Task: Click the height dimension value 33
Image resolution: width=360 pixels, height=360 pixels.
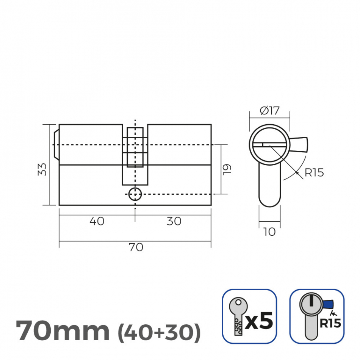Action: click(x=42, y=169)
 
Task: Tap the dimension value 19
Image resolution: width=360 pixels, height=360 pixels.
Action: click(x=227, y=170)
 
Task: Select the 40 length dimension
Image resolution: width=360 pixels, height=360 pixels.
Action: click(x=97, y=221)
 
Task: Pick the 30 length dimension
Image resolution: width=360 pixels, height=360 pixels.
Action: click(x=174, y=221)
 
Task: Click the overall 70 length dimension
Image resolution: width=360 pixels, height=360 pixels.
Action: click(x=136, y=247)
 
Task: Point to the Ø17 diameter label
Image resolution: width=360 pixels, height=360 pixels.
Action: click(x=269, y=111)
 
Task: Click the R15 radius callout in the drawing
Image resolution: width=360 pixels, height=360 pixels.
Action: click(x=314, y=173)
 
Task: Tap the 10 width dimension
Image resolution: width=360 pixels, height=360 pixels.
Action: click(x=269, y=232)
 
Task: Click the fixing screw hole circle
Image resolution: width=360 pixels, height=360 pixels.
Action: click(x=135, y=194)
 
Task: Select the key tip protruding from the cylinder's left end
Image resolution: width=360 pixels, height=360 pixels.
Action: click(x=56, y=145)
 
